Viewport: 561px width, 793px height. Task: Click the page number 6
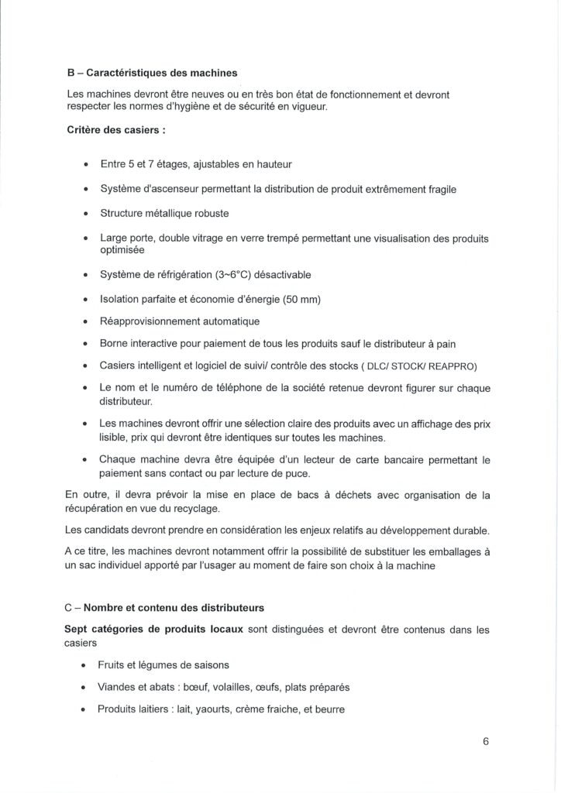point(486,740)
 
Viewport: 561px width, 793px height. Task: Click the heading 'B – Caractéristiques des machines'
point(152,73)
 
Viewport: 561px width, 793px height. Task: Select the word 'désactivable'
point(285,275)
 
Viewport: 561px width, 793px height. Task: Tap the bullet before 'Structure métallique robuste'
point(84,214)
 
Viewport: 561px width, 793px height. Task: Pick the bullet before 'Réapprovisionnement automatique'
point(84,321)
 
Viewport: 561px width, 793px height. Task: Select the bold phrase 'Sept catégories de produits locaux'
point(156,630)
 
